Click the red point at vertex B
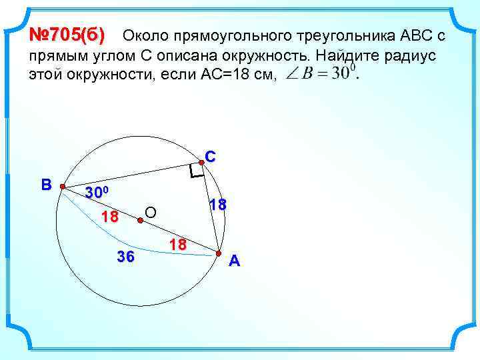point(63,187)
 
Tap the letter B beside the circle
point(46,184)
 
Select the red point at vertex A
point(218,253)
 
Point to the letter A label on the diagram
point(234,261)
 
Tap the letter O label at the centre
point(151,213)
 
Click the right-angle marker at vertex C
point(195,172)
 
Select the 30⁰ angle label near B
point(101,193)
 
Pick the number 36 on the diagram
point(125,257)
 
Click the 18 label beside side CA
point(218,205)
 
